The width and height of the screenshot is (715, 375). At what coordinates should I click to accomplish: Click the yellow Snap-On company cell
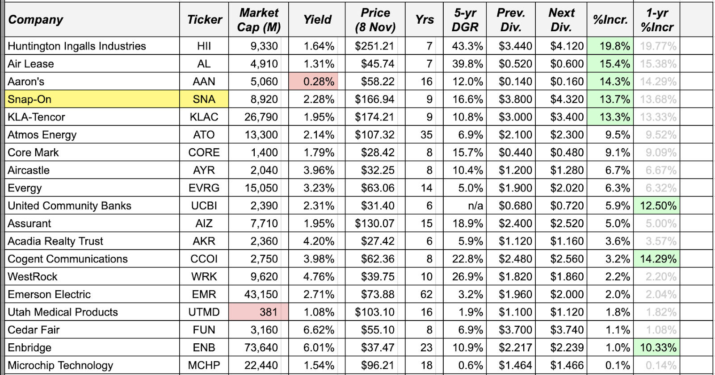(x=92, y=99)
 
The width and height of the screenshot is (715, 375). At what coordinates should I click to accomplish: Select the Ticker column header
(x=204, y=20)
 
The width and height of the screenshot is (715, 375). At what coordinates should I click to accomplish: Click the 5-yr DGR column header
(x=465, y=20)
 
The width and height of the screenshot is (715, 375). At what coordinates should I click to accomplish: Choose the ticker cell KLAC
(x=204, y=117)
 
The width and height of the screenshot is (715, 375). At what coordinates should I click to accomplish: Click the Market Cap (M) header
(x=259, y=20)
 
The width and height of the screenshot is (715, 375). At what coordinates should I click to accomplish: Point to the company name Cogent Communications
(x=67, y=259)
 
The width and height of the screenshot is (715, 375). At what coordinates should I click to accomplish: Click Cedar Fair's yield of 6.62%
(x=318, y=330)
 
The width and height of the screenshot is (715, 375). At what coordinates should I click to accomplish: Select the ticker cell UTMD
(x=204, y=312)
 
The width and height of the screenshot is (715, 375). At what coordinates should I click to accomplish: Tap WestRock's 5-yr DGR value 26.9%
(x=467, y=277)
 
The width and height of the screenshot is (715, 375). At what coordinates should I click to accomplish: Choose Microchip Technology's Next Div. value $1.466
(x=567, y=365)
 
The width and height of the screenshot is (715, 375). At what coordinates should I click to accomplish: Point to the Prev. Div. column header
(x=511, y=20)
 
